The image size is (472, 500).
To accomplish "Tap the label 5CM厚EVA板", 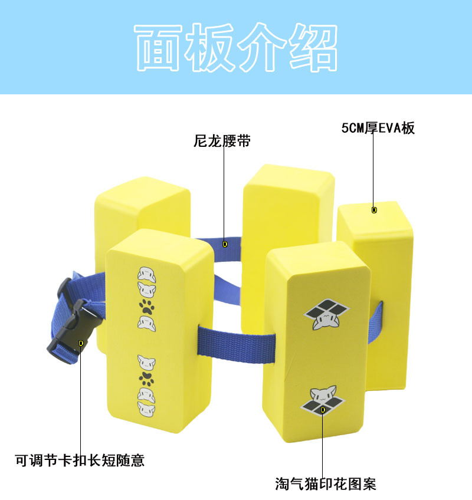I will tap(378, 129).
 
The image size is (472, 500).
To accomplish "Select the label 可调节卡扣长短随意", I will tap(80, 460).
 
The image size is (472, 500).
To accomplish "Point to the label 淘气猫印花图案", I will tap(325, 485).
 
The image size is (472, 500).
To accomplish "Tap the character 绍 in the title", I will tap(313, 48).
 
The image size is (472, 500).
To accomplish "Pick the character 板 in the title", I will tap(209, 48).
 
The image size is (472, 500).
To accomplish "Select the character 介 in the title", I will tap(261, 48).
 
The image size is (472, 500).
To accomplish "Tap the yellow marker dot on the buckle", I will tap(81, 342).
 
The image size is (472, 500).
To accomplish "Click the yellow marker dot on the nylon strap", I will tap(225, 243).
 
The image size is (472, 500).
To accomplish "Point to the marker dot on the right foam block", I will tap(373, 210).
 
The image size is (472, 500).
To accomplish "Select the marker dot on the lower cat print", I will tap(323, 409).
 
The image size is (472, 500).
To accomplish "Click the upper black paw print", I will tap(146, 305).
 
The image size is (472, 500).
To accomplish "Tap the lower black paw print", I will tap(146, 376).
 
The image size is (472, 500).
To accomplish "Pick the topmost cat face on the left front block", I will tap(146, 274).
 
